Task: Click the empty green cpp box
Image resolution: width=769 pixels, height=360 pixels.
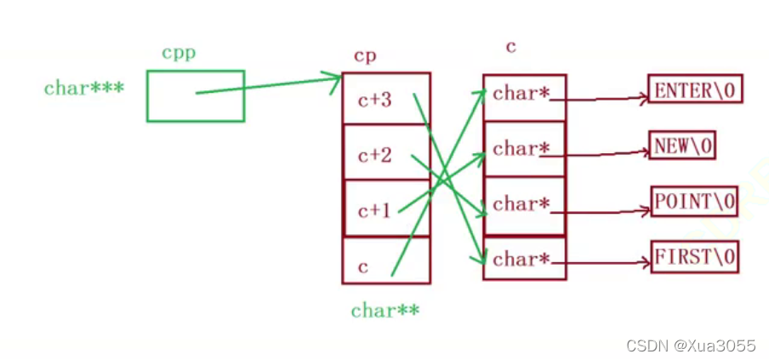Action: click(195, 95)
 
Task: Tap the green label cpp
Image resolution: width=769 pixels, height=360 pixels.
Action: click(179, 52)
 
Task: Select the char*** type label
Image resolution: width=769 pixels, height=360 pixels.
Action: click(84, 88)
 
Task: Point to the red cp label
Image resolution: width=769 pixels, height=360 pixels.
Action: click(365, 55)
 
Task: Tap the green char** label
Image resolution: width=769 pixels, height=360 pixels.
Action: click(384, 311)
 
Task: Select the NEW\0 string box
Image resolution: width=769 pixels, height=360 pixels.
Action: click(682, 146)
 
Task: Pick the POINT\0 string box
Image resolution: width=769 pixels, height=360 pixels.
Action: click(693, 201)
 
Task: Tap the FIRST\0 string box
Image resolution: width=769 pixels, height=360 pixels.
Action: click(694, 255)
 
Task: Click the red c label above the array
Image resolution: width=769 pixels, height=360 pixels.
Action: click(511, 47)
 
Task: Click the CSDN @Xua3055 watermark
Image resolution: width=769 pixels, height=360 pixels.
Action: click(690, 345)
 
